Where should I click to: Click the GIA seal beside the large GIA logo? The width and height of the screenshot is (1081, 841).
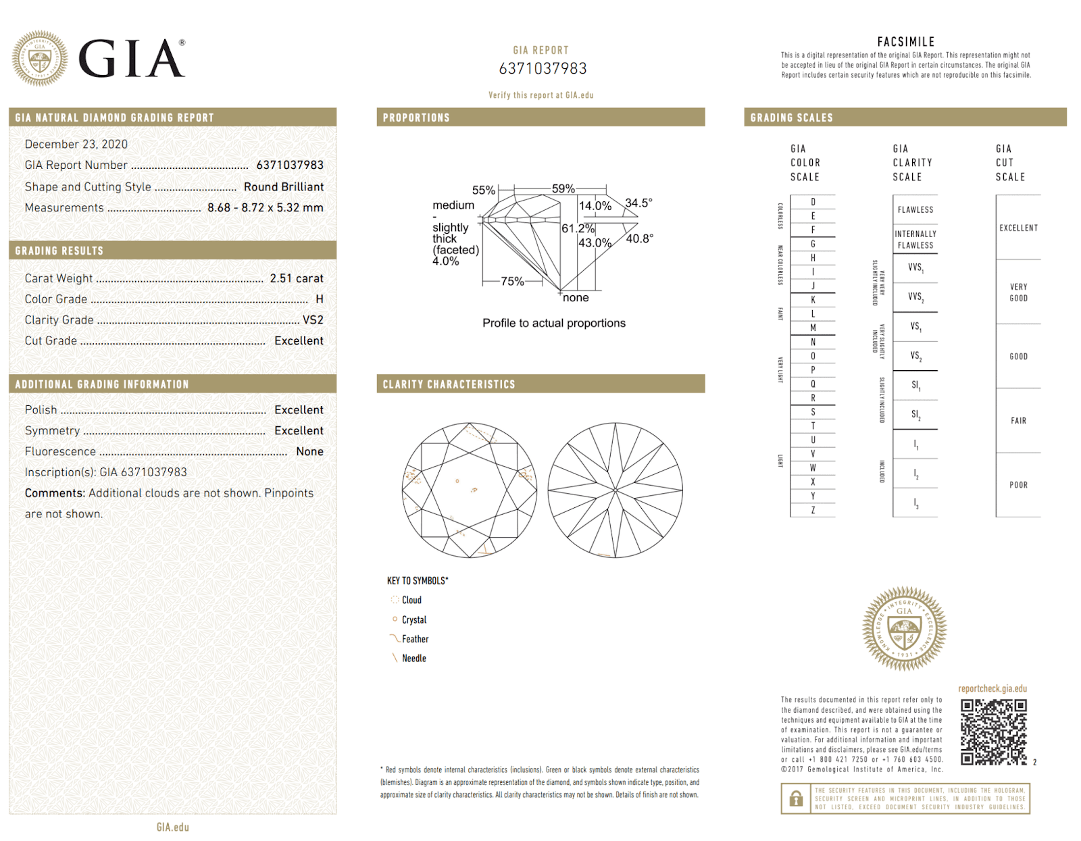pyautogui.click(x=40, y=58)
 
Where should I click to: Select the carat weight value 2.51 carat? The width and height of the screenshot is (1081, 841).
pyautogui.click(x=296, y=278)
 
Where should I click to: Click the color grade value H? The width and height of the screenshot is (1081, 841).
pyautogui.click(x=319, y=299)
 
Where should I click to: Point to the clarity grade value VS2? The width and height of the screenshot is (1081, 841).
pyautogui.click(x=313, y=320)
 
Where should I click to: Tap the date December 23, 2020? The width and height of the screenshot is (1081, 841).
pyautogui.click(x=76, y=145)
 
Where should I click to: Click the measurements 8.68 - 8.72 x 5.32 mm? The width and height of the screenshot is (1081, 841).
pyautogui.click(x=265, y=208)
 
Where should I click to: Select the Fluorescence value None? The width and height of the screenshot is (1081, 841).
pyautogui.click(x=309, y=452)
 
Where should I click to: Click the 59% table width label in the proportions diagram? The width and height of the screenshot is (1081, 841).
pyautogui.click(x=563, y=189)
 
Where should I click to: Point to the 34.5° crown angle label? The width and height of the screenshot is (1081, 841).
pyautogui.click(x=638, y=203)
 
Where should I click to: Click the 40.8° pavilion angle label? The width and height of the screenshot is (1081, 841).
pyautogui.click(x=639, y=238)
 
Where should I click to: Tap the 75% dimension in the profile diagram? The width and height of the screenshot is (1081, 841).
pyautogui.click(x=512, y=282)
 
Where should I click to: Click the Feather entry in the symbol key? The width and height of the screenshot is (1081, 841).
pyautogui.click(x=414, y=639)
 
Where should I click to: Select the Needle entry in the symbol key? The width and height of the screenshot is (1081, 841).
pyautogui.click(x=413, y=659)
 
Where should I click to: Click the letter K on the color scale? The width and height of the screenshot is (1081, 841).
pyautogui.click(x=813, y=300)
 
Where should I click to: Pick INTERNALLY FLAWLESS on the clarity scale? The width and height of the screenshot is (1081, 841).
pyautogui.click(x=915, y=240)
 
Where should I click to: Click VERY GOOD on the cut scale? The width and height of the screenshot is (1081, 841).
pyautogui.click(x=1018, y=292)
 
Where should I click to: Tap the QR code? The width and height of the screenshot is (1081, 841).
pyautogui.click(x=994, y=732)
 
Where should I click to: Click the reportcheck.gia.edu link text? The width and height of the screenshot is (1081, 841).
pyautogui.click(x=992, y=689)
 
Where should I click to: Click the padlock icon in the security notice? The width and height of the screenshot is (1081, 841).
pyautogui.click(x=796, y=798)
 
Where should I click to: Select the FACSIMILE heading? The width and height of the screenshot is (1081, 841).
pyautogui.click(x=905, y=42)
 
